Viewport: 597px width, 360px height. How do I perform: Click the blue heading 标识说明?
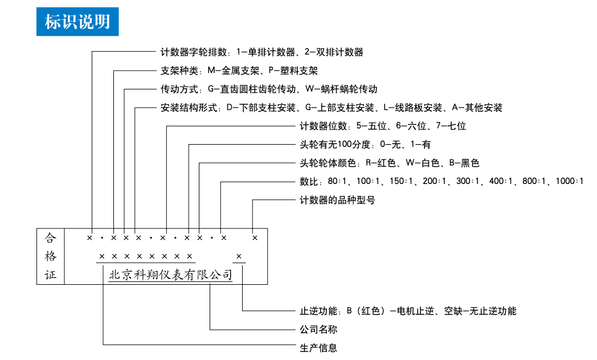(77, 21)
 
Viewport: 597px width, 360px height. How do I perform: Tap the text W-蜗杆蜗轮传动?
(341, 89)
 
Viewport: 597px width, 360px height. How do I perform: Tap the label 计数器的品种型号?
(337, 200)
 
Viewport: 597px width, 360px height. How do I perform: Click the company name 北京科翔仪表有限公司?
(170, 275)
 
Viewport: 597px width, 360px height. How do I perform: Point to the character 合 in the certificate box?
(51, 238)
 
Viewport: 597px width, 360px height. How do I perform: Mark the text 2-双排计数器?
(333, 52)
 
